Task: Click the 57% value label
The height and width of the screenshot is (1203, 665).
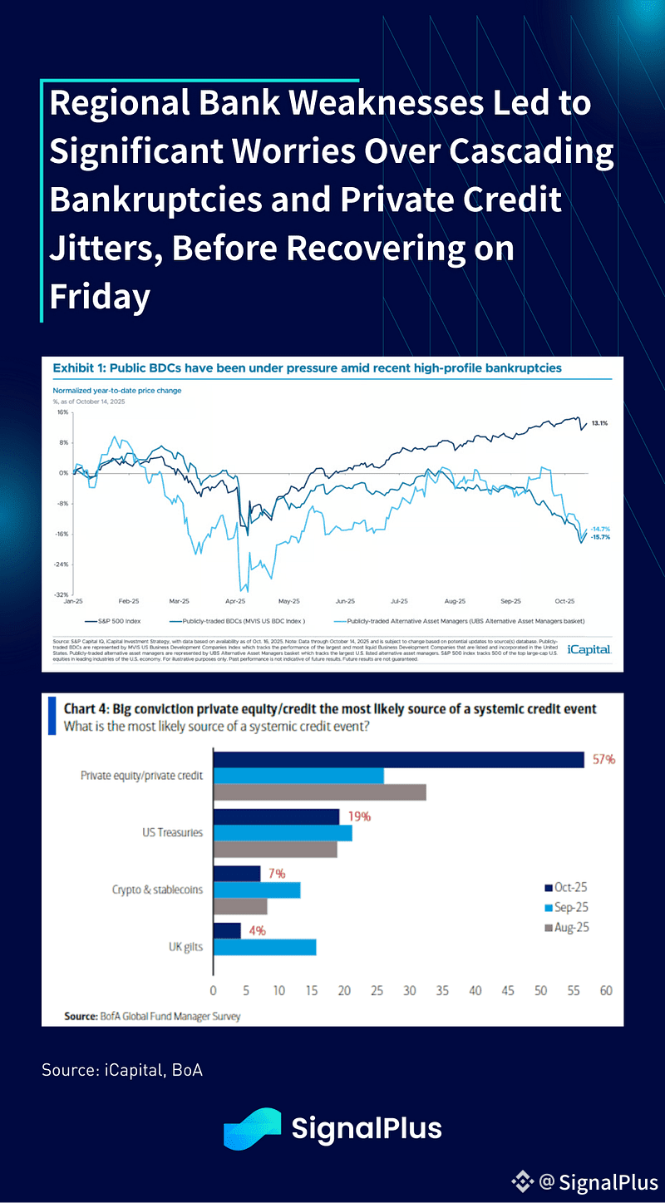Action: coord(603,760)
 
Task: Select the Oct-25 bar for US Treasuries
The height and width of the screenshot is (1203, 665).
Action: coord(276,816)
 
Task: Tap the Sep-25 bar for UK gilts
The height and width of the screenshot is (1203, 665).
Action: coord(264,947)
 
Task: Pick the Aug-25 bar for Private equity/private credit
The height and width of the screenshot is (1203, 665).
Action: coord(319,791)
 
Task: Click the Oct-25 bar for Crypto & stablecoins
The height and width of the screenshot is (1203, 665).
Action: coord(237,874)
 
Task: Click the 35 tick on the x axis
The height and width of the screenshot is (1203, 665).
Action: coord(442,990)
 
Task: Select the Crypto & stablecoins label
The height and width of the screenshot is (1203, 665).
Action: coord(157,890)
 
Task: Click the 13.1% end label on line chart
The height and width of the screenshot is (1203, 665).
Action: coord(600,423)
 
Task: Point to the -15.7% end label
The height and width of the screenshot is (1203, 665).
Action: coord(600,538)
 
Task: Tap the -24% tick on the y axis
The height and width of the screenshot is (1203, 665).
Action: coord(62,565)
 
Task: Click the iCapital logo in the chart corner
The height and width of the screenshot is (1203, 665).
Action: coord(589,649)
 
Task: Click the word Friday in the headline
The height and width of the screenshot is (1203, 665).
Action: coord(100,297)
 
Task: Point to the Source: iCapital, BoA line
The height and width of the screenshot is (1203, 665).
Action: coord(122,1070)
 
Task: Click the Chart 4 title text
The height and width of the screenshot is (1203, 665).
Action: coord(330,709)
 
